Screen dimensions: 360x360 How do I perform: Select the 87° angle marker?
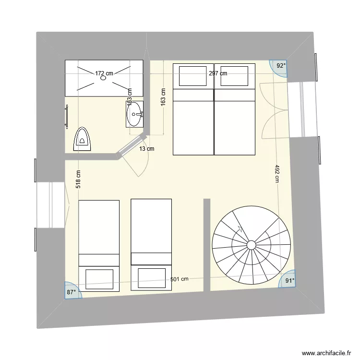72,291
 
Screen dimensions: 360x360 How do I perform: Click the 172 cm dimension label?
104,73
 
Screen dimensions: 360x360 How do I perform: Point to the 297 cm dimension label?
218,73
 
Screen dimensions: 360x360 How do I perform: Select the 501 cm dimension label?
179,279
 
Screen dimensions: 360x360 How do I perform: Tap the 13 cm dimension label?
147,149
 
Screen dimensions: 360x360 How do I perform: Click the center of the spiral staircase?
251,245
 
